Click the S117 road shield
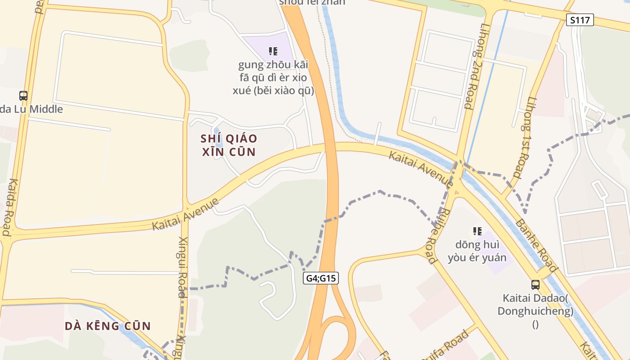tap(580, 20)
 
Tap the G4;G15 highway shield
tap(321, 278)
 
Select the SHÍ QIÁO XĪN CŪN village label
tap(229, 145)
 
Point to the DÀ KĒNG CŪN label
tap(108, 326)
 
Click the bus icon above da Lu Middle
tap(23, 95)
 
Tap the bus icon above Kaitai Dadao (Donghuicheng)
tap(535, 284)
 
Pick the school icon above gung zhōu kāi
tap(273, 51)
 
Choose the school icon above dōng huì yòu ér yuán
tap(477, 231)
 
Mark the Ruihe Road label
tap(438, 236)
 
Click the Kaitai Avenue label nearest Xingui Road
tap(185, 214)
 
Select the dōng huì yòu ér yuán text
tap(477, 251)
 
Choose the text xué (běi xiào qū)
tap(273, 90)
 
